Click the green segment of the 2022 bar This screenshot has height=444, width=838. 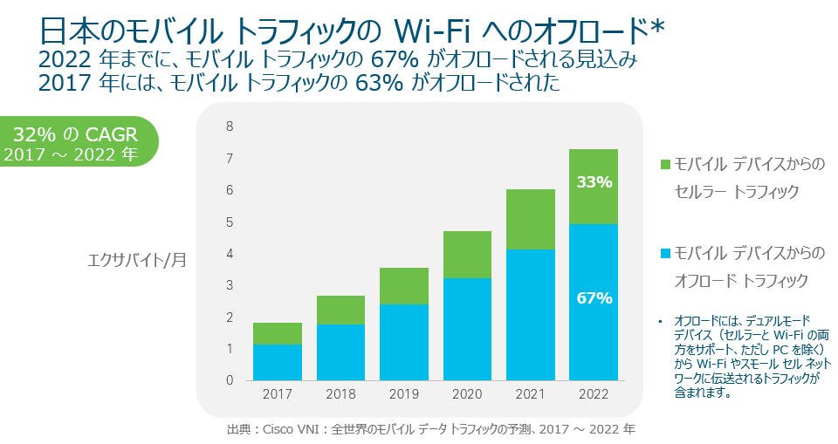[x=593, y=166]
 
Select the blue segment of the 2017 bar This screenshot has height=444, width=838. [x=278, y=362]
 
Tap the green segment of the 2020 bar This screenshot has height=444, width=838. [x=467, y=255]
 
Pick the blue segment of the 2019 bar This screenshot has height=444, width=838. [x=403, y=342]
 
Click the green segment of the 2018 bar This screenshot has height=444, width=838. [x=340, y=310]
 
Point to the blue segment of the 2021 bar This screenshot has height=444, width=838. [x=530, y=314]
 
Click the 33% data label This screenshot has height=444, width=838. [x=594, y=182]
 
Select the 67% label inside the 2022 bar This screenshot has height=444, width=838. [x=594, y=297]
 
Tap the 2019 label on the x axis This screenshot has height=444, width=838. [x=403, y=394]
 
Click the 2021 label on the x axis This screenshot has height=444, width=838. [x=530, y=394]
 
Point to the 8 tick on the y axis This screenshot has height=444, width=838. [x=230, y=126]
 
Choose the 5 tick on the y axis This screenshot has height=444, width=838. [x=230, y=222]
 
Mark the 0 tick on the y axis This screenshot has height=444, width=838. [x=230, y=380]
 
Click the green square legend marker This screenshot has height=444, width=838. [x=665, y=164]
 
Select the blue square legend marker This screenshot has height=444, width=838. [x=665, y=253]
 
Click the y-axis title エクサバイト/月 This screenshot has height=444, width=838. [x=137, y=259]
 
